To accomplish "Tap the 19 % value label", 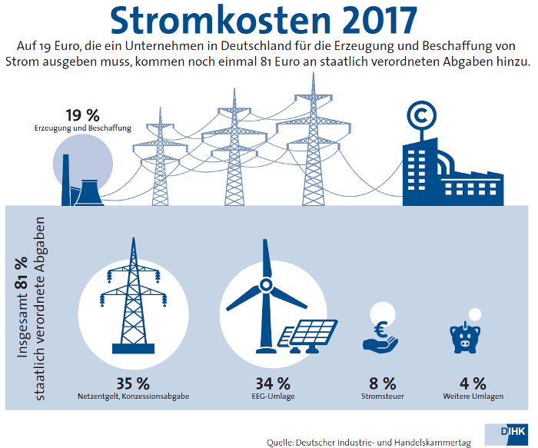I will (x=82, y=115).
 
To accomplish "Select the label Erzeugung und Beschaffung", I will (x=82, y=128).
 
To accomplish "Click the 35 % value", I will (x=133, y=383).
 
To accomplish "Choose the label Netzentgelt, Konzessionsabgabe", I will (x=133, y=397).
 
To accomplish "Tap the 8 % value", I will (x=382, y=383).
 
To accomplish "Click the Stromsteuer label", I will (x=382, y=397).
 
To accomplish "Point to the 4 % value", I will (x=473, y=383).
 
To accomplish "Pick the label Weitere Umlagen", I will (x=473, y=397).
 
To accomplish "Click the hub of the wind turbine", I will (x=264, y=285).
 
